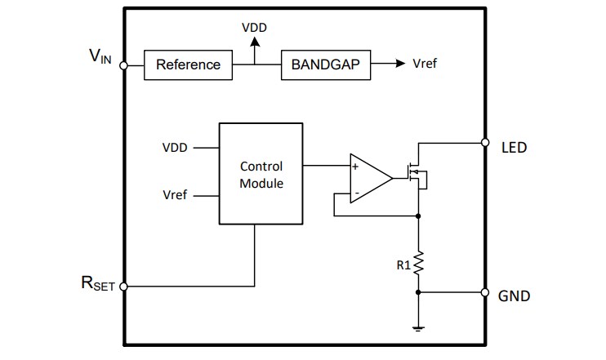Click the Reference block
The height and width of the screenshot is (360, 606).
coord(188,64)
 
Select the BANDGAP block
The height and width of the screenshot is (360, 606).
coord(325,64)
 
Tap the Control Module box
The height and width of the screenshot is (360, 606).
coord(261,174)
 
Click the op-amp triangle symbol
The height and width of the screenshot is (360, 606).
coord(368,177)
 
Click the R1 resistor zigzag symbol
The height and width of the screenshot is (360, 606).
coord(418,263)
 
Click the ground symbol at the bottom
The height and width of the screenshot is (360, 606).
coord(418,327)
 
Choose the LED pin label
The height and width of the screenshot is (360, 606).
coord(513,148)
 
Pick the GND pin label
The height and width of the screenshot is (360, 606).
coord(514,296)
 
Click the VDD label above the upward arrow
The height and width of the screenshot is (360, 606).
coord(254,28)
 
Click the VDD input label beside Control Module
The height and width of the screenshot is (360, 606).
coord(175,148)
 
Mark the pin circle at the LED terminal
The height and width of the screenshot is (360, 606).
coord(484,141)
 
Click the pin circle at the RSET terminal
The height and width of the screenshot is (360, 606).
coord(123,287)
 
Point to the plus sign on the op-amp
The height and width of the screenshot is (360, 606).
coord(355,166)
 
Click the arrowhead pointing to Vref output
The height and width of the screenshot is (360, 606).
coord(399,64)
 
